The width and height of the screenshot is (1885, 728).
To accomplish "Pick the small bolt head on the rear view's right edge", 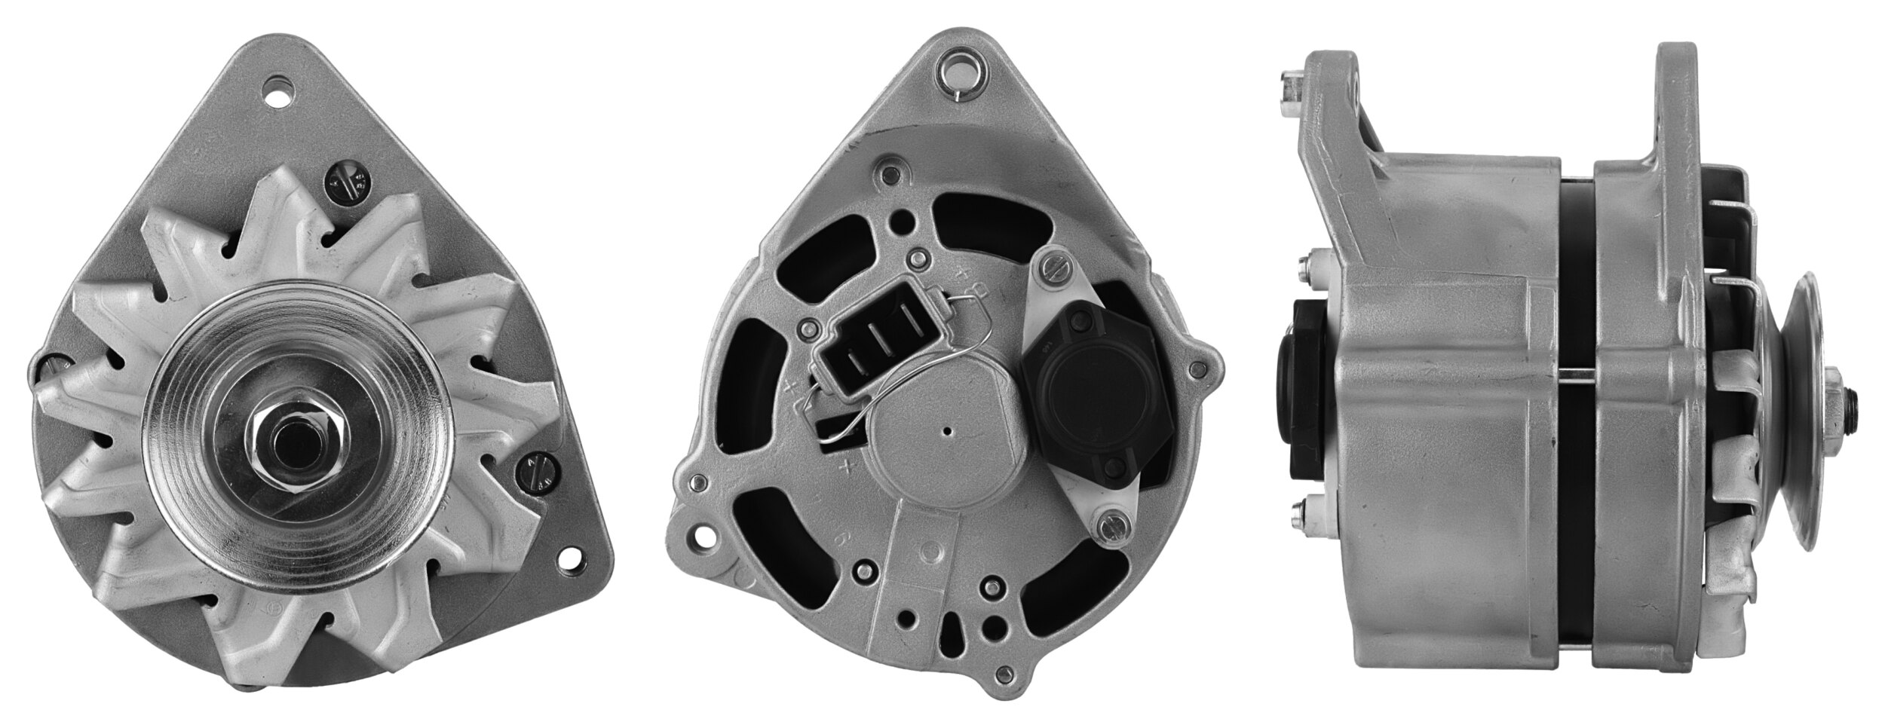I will [x=1196, y=368].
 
